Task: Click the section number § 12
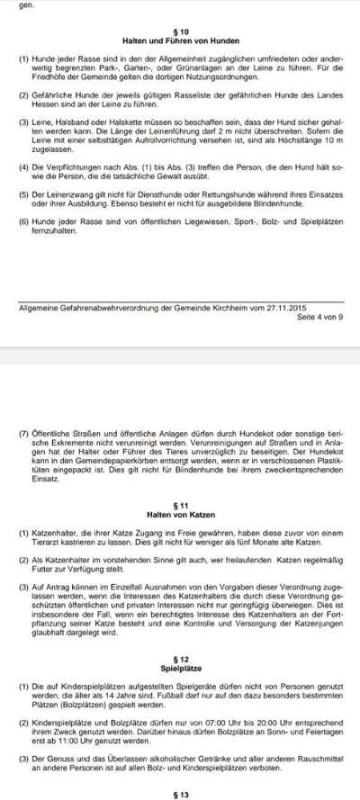(x=180, y=661)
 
